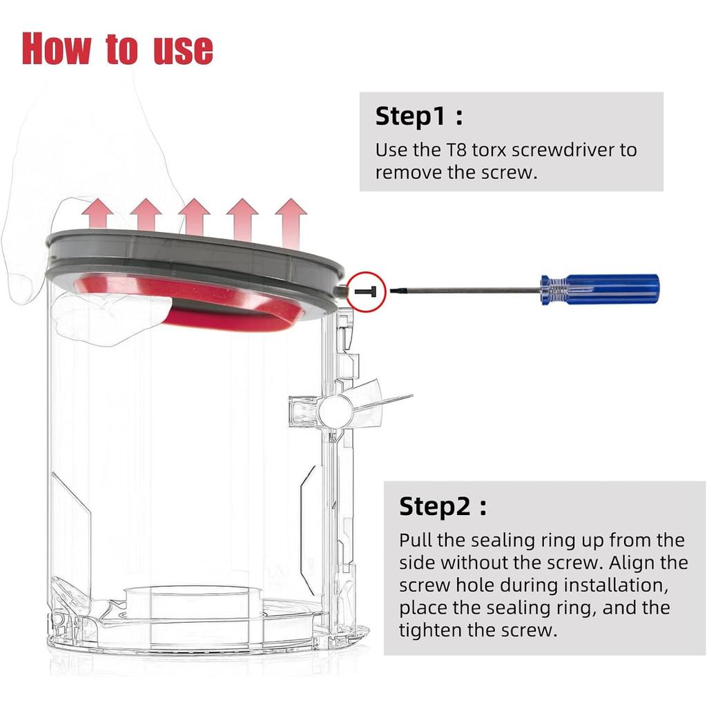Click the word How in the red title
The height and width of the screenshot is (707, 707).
[57, 48]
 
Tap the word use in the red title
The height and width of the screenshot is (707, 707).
[183, 49]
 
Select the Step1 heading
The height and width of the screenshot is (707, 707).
[419, 116]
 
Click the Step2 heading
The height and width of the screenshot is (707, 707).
[443, 507]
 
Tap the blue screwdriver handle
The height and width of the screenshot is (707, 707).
[600, 289]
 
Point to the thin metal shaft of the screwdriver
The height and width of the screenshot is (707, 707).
[465, 291]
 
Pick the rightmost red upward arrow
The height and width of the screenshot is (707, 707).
[291, 222]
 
